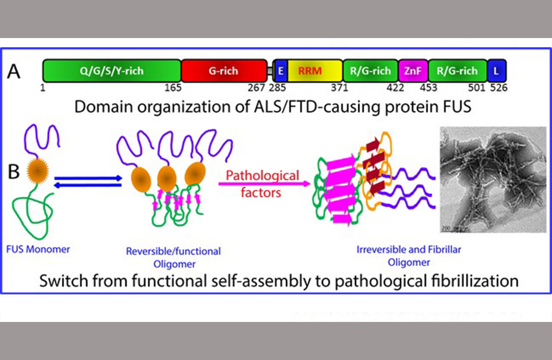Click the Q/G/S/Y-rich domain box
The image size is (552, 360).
(x=112, y=71)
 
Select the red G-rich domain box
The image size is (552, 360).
(x=224, y=71)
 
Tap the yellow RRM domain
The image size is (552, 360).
(x=314, y=71)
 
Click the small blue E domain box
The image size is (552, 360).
(x=280, y=71)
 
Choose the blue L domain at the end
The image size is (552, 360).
(x=497, y=71)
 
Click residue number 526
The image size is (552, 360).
(x=498, y=87)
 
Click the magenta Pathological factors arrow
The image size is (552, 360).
(x=264, y=184)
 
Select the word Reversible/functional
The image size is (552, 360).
(x=173, y=251)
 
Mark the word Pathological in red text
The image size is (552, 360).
(x=263, y=175)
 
